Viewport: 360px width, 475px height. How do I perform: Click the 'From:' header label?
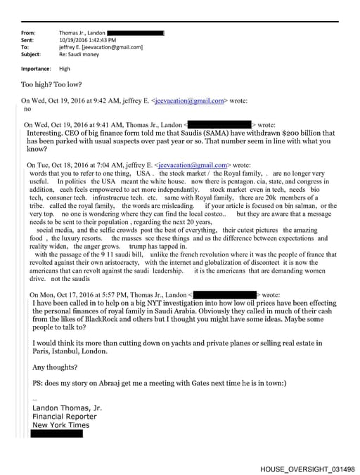[x=29, y=33]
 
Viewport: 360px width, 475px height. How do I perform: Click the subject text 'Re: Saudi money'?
[x=79, y=54]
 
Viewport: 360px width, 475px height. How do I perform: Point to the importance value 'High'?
[x=65, y=69]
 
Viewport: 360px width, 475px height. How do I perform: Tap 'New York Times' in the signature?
[x=61, y=425]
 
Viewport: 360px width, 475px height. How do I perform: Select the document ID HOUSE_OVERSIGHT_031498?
[x=307, y=467]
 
